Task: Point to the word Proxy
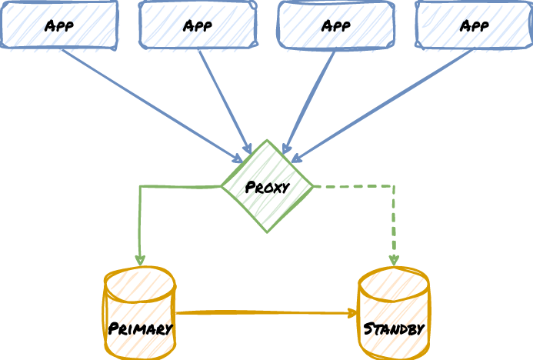267,187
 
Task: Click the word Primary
140,329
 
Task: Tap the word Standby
394,329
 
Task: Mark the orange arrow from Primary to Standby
265,313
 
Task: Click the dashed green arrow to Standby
394,223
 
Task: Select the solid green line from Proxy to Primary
140,223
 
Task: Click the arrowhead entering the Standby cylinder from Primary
354,313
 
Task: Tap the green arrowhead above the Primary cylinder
140,262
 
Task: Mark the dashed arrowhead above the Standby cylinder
394,262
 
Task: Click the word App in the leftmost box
59,25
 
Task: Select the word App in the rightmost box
475,25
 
